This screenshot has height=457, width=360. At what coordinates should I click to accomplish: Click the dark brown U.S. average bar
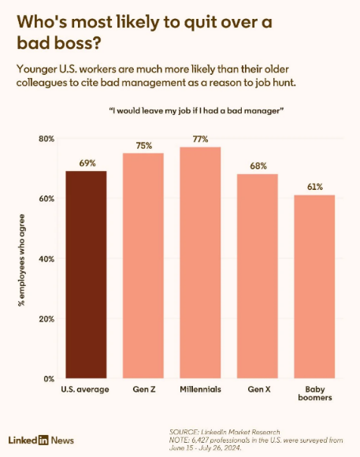[x=86, y=274]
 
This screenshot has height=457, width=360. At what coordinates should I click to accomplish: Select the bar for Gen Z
[x=143, y=266]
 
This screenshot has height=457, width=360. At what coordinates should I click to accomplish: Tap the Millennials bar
[x=200, y=262]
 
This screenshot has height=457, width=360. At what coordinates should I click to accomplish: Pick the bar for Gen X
[x=258, y=276]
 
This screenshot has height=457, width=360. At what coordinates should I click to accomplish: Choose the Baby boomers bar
[x=314, y=287]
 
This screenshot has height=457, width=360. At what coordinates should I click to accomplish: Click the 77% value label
[x=201, y=139]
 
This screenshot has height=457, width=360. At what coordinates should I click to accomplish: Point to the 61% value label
[x=315, y=187]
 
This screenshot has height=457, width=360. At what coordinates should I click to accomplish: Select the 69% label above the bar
[x=87, y=163]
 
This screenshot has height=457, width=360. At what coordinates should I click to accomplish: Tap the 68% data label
[x=258, y=166]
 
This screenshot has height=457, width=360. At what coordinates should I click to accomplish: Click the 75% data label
[x=144, y=146]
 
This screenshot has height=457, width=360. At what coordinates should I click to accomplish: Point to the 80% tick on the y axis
[x=46, y=139]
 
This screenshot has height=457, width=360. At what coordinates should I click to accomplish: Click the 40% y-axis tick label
[x=46, y=258]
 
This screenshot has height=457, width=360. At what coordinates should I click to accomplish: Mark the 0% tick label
[x=49, y=379]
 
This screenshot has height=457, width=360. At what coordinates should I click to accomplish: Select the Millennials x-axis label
[x=200, y=389]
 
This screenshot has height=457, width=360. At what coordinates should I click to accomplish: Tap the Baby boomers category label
[x=315, y=393]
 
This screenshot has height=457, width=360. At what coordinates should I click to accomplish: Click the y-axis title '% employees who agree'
[x=21, y=260]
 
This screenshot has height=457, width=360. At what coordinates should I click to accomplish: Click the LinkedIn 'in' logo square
[x=43, y=440]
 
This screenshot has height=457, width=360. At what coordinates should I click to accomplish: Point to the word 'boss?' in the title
[x=78, y=43]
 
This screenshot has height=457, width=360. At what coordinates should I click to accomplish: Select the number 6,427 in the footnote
[x=199, y=440]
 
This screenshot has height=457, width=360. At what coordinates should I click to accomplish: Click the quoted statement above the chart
[x=196, y=111]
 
